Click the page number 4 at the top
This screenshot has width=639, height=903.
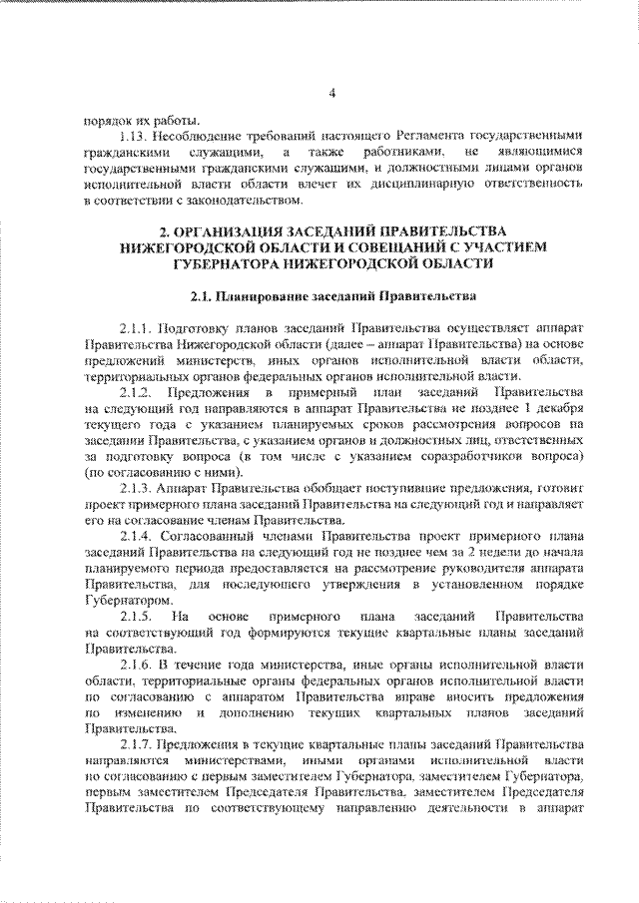tap(332, 95)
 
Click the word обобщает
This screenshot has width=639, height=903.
tap(301, 493)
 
